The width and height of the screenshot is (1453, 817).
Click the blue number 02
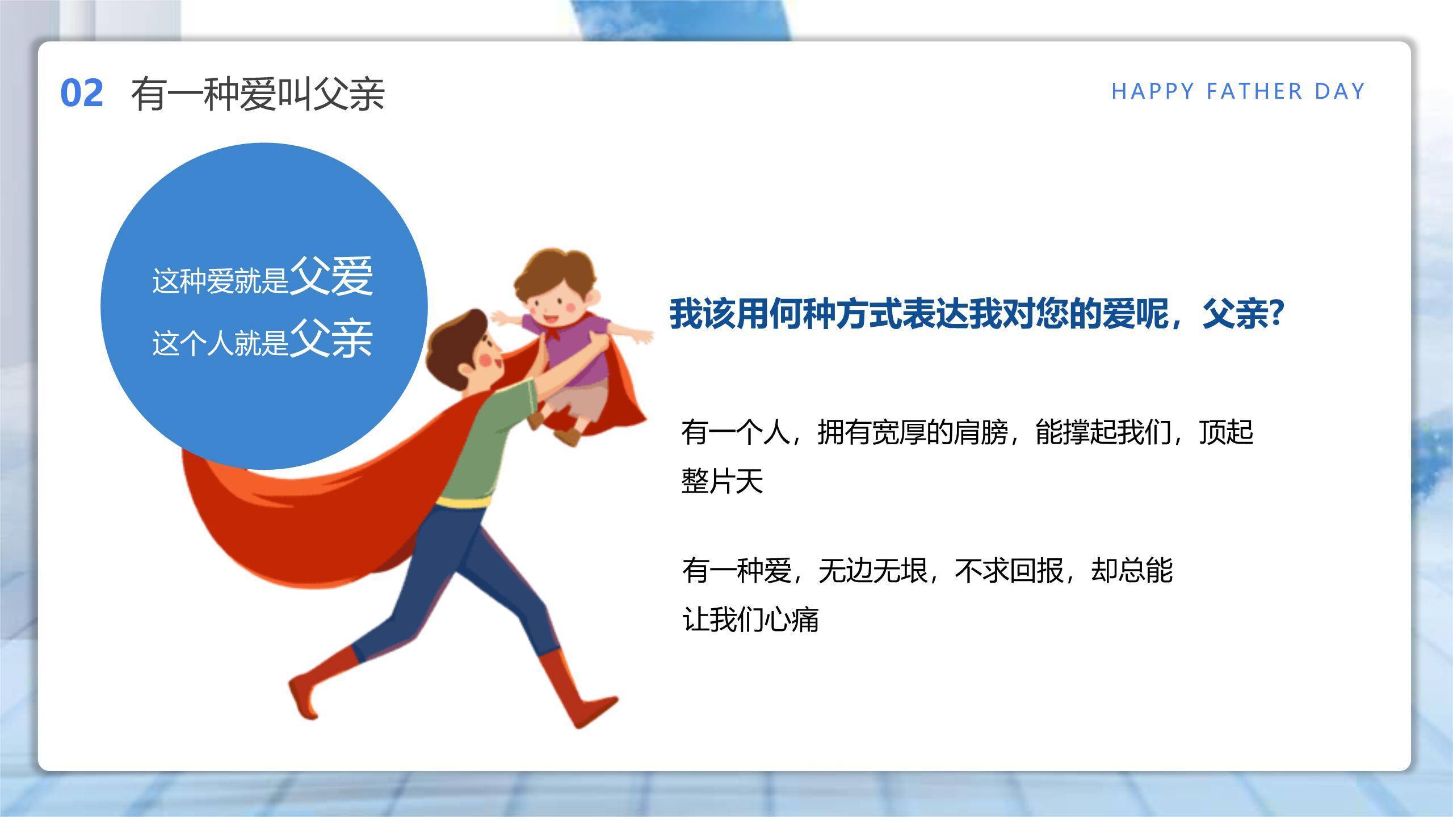coord(82,94)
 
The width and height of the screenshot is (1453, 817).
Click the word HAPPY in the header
coord(1153,91)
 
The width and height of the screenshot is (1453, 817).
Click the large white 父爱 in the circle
coord(331,276)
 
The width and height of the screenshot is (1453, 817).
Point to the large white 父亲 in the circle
coord(331,339)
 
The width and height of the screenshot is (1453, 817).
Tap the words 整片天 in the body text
coord(722,481)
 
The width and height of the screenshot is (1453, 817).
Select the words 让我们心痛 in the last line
coord(750,619)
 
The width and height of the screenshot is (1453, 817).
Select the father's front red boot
coord(573,692)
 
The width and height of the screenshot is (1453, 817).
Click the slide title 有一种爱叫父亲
coord(258,94)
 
